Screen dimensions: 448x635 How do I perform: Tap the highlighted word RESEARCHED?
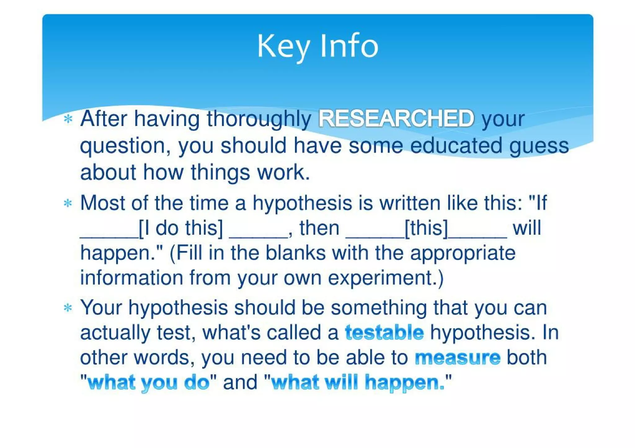click(x=396, y=118)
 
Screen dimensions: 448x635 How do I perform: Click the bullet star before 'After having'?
click(x=68, y=119)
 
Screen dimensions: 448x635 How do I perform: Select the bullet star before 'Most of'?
click(x=68, y=203)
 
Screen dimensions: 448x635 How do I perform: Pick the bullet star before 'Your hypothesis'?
click(x=68, y=308)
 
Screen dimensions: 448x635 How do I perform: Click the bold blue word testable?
click(x=384, y=333)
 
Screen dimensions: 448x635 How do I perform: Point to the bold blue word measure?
click(x=458, y=357)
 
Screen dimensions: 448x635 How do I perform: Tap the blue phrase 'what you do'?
click(x=149, y=382)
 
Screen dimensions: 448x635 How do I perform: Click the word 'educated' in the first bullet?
click(x=456, y=146)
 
